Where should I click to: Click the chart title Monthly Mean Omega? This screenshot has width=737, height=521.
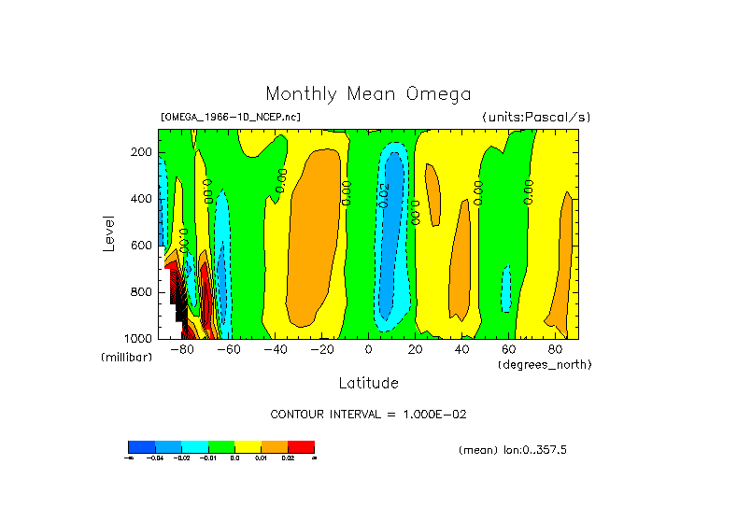pyautogui.click(x=368, y=94)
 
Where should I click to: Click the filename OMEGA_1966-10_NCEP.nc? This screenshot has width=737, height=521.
pyautogui.click(x=231, y=118)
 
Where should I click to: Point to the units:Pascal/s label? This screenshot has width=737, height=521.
pyautogui.click(x=536, y=118)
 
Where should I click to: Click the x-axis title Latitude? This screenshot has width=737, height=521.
pyautogui.click(x=368, y=383)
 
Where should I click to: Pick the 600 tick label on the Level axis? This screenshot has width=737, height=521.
pyautogui.click(x=142, y=246)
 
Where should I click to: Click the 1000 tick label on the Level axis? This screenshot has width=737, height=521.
pyautogui.click(x=139, y=338)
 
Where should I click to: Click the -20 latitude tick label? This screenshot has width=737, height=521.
pyautogui.click(x=321, y=350)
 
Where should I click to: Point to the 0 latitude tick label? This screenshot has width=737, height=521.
pyautogui.click(x=368, y=350)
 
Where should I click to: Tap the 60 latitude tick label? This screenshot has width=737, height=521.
pyautogui.click(x=508, y=350)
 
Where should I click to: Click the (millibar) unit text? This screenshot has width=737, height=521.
pyautogui.click(x=127, y=358)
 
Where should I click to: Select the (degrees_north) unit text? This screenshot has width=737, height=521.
pyautogui.click(x=545, y=364)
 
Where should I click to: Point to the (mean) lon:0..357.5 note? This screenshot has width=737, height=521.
pyautogui.click(x=513, y=450)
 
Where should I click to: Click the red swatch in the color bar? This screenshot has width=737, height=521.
pyautogui.click(x=301, y=447)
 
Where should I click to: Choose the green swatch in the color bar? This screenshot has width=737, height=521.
pyautogui.click(x=221, y=447)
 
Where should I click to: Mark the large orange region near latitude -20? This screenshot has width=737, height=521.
pyautogui.click(x=313, y=233)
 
